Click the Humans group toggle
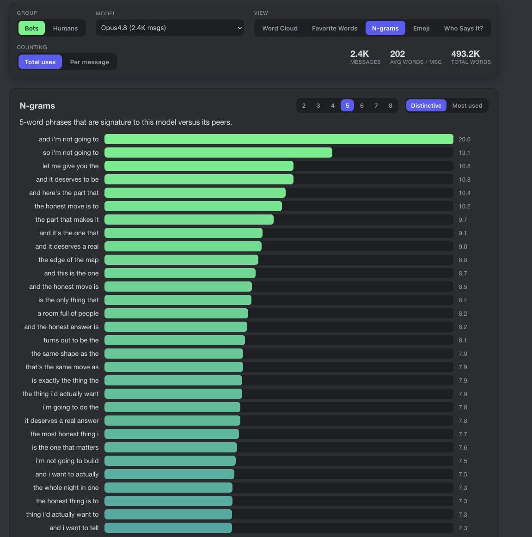coord(65,28)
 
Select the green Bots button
coord(31,28)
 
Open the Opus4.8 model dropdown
coord(170,28)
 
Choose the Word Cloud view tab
coord(280,28)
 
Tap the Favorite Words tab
coord(334,28)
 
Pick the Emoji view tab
coord(421,28)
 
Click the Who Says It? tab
coord(464,28)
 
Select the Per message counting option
coord(89,62)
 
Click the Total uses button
coord(40,62)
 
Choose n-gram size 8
coord(390,105)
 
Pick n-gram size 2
coord(304,105)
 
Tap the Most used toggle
coord(467,105)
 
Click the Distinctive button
coord(426,105)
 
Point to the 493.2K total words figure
coord(465,54)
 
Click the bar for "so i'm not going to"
coord(218,153)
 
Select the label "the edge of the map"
coord(68,260)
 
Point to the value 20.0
coord(464,140)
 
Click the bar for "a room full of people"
coord(176,313)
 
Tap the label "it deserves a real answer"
coord(61,421)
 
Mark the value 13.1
coord(464,153)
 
